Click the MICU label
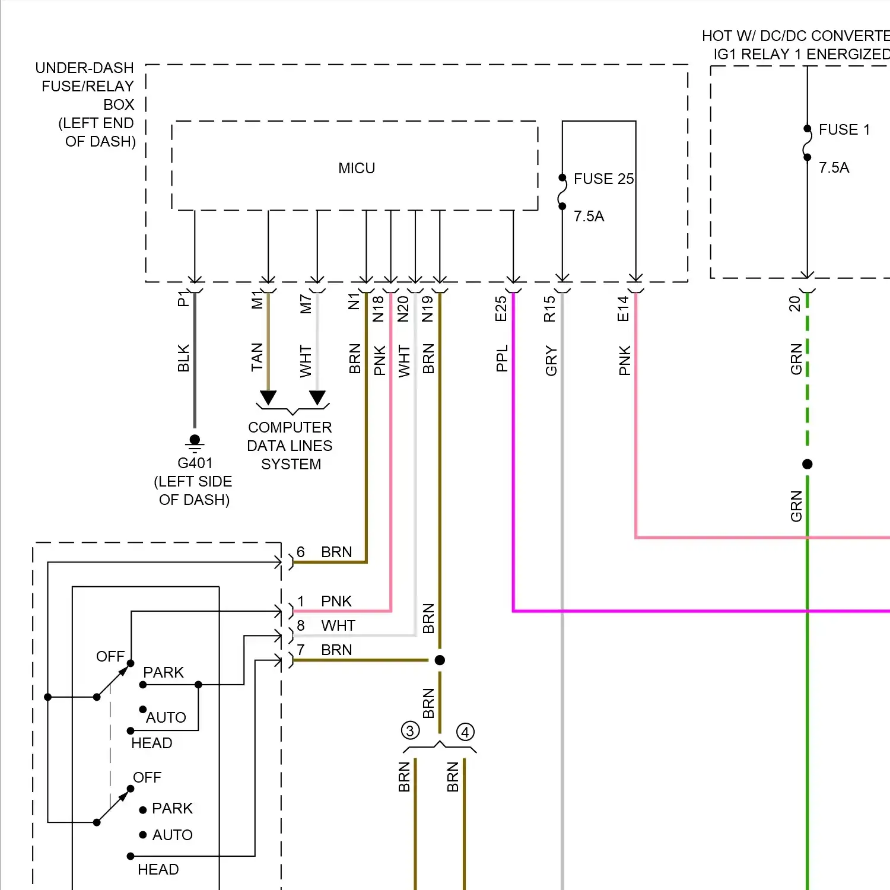[357, 169]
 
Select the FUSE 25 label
[603, 179]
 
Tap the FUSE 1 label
[844, 130]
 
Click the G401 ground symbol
[195, 443]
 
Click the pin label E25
[501, 309]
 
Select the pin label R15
[550, 309]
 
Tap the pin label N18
[379, 309]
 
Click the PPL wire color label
[502, 358]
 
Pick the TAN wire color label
[257, 357]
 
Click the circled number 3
[410, 730]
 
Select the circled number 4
[465, 732]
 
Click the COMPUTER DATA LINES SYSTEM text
[290, 446]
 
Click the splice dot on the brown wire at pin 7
[440, 660]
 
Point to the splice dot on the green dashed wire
[807, 464]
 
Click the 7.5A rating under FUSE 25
[589, 217]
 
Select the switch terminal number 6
[301, 552]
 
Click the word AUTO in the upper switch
[166, 717]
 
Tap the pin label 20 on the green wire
[794, 304]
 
